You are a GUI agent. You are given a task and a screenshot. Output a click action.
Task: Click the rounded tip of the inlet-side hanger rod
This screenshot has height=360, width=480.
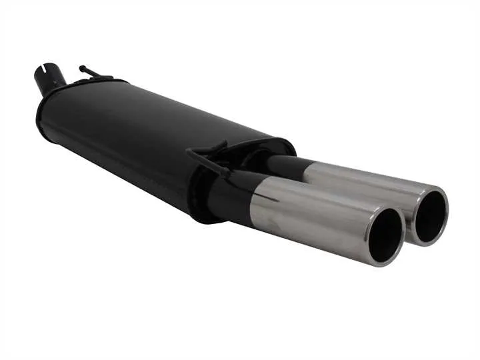point(81,67)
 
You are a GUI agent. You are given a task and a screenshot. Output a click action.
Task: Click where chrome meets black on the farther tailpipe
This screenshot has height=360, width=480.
point(305,170)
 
